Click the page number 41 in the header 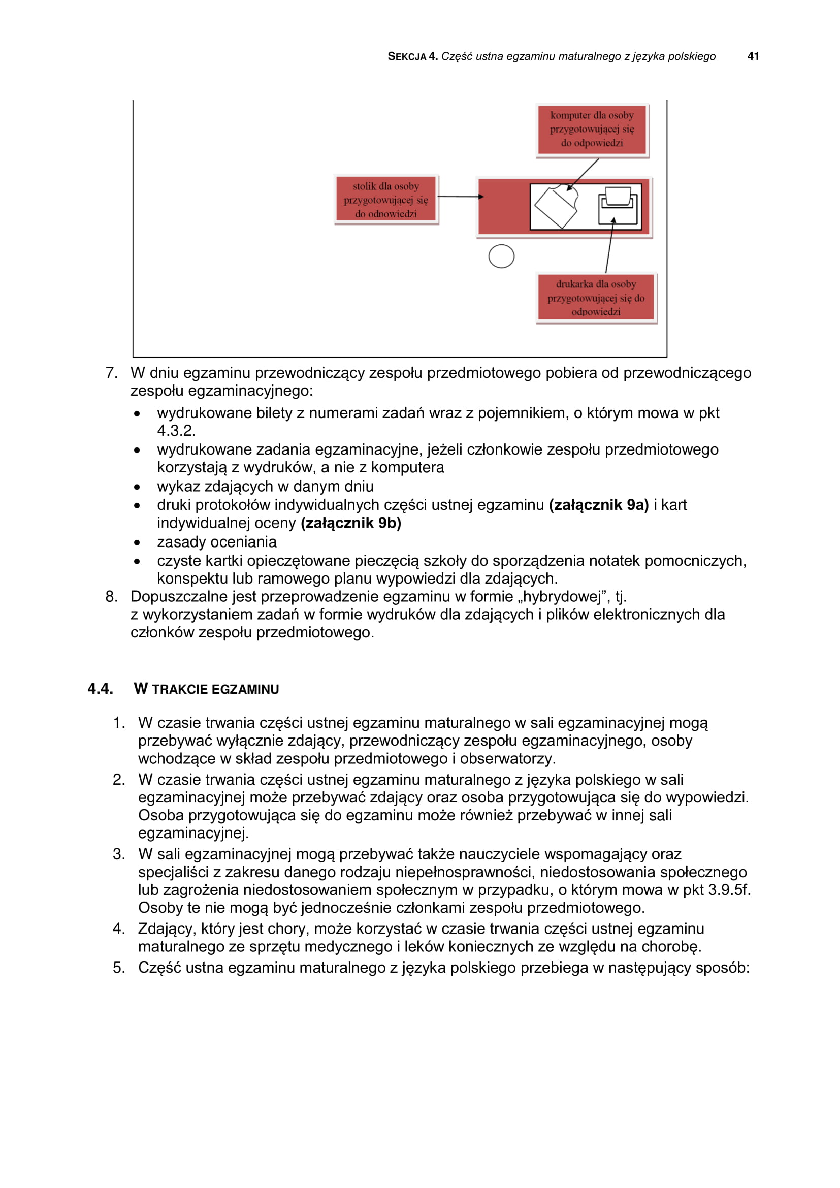[753, 56]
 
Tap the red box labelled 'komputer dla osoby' [592, 130]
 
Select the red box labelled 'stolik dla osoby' [386, 200]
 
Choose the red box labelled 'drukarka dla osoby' [596, 298]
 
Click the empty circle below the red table [501, 256]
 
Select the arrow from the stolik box [460, 197]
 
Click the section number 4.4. [101, 689]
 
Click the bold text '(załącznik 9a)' [598, 505]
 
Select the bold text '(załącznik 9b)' [351, 523]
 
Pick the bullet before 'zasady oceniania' [137, 543]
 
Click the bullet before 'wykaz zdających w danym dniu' [137, 487]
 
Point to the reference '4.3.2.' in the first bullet [176, 431]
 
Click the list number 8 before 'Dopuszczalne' [111, 597]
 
